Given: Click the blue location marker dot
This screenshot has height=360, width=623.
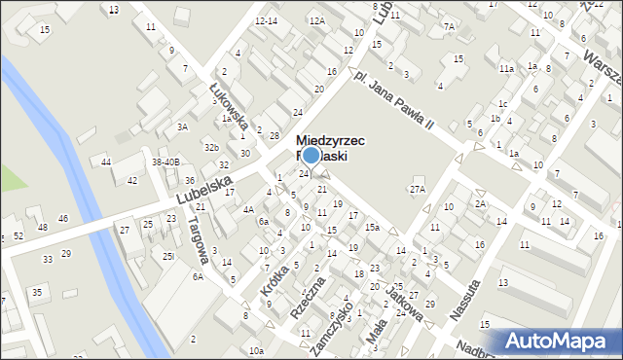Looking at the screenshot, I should tap(311, 155).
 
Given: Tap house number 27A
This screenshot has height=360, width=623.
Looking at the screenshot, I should tap(418, 189).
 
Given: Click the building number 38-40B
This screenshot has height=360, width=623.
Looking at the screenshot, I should tap(165, 162).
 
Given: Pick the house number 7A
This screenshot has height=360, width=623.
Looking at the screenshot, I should tap(448, 26).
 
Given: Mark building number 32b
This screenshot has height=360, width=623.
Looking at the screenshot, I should tap(211, 147).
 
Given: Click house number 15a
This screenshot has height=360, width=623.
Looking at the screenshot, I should tap(372, 227).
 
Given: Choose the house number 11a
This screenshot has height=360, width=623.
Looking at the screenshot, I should tap(506, 68).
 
